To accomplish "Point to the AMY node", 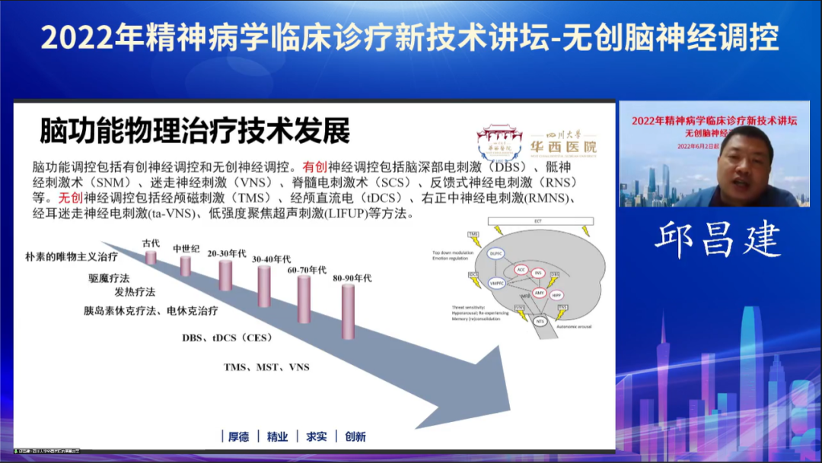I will click(538, 292).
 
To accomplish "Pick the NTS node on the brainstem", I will click(540, 322).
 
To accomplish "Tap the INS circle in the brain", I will click(538, 272).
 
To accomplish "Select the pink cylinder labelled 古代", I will click(151, 258).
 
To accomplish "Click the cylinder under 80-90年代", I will click(348, 311).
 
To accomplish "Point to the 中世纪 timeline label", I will click(185, 249).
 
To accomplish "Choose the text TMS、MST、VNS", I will click(266, 367).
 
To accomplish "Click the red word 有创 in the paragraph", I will click(314, 166).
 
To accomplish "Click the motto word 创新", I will click(355, 436).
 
